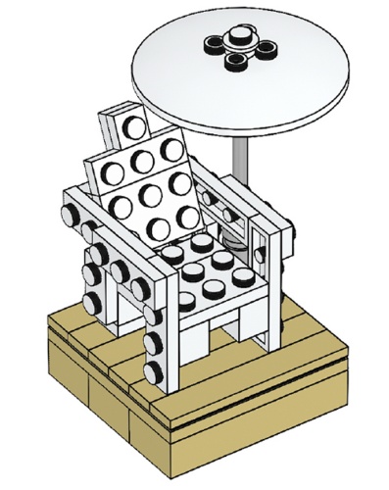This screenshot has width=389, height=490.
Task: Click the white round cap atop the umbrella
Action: (x=236, y=40)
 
